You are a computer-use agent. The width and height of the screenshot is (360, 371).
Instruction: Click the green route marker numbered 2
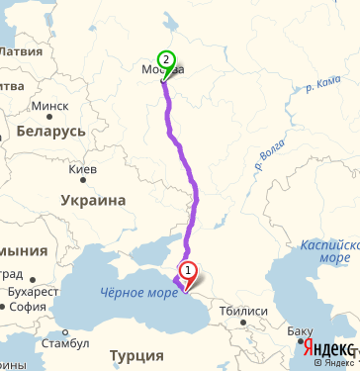pos(166,60)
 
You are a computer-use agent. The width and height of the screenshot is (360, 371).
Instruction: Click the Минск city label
pos(49,106)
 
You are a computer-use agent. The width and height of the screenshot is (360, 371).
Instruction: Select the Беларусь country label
pos(45,132)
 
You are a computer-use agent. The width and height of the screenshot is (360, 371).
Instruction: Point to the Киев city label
pos(83,170)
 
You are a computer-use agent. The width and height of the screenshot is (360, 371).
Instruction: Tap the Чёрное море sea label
pos(137,291)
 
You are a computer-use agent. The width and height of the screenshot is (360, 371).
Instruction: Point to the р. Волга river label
pos(263,155)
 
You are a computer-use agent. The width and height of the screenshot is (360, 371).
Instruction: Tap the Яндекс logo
pos(327,349)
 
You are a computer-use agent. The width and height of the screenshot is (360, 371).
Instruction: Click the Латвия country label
pos(20,50)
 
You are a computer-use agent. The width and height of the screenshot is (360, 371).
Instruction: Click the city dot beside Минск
pos(28,106)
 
